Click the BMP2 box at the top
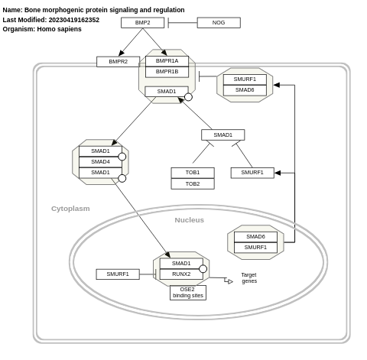[142, 23]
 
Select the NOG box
[219, 23]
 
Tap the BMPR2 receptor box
[118, 62]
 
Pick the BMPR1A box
[167, 61]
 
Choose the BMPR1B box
[167, 72]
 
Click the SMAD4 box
[100, 162]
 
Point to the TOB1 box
[193, 173]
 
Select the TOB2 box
[193, 183]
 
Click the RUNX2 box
[181, 274]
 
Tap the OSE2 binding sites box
[187, 293]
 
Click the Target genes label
[249, 277]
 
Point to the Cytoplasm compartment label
[70, 209]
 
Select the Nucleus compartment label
[189, 220]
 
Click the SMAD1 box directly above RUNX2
[181, 264]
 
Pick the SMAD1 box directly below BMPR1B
[167, 92]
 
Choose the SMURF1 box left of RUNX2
[118, 274]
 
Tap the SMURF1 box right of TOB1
[252, 173]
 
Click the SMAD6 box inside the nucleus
[255, 237]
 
